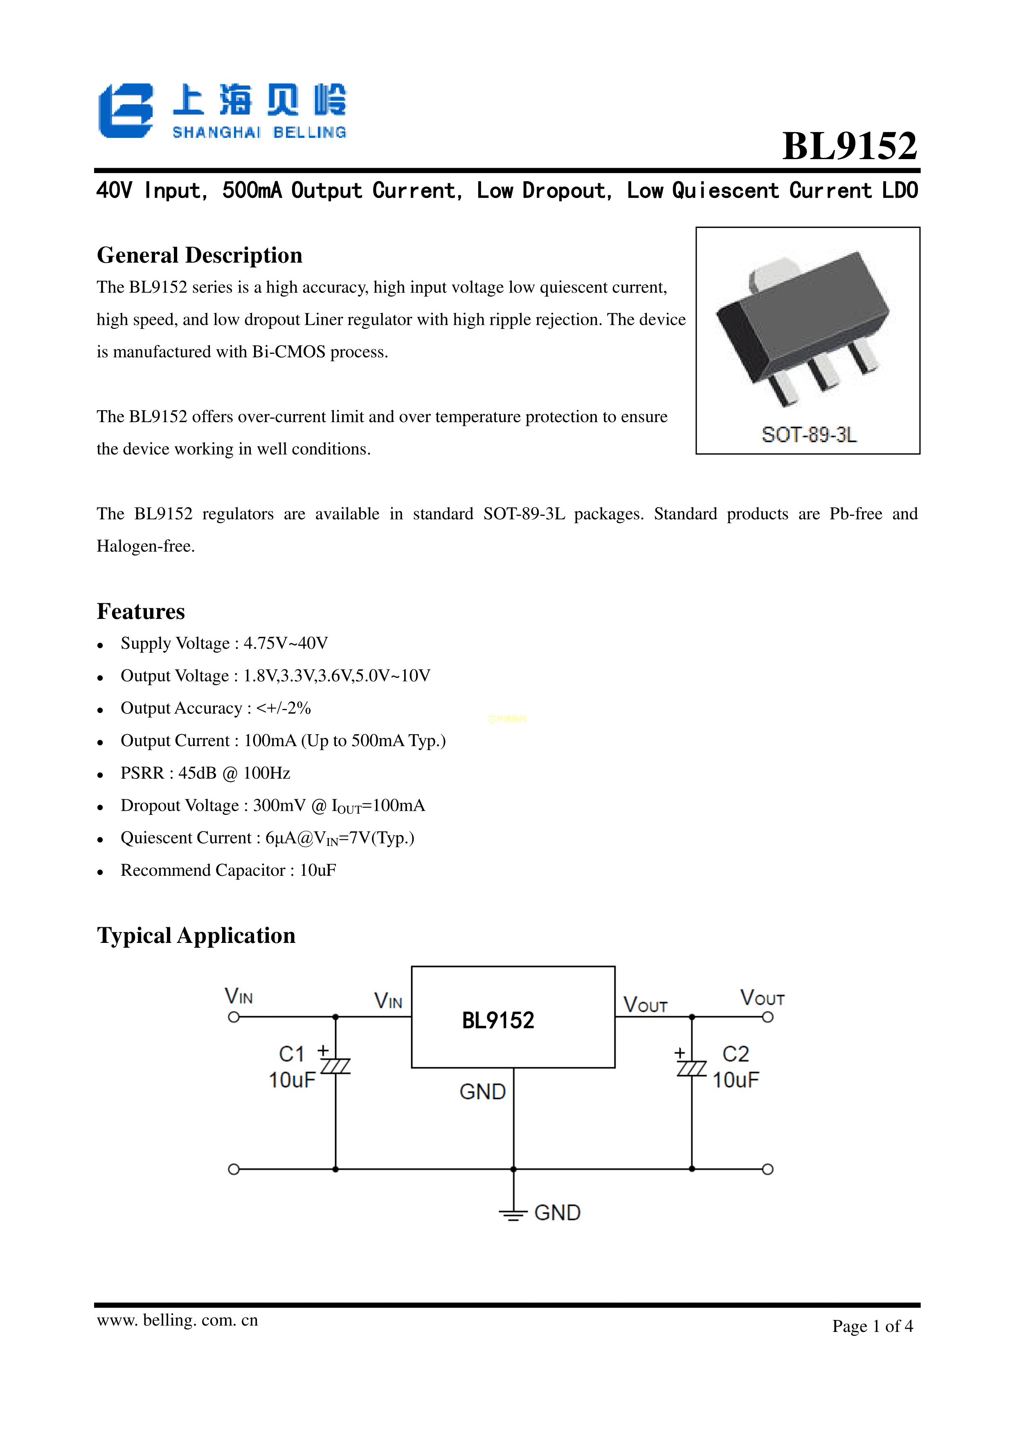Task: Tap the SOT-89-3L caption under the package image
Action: point(809,434)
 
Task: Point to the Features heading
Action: point(141,611)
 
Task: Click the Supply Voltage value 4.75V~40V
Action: point(286,643)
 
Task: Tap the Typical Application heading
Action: point(196,936)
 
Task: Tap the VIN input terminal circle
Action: point(234,1017)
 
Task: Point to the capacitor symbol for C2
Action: point(691,1068)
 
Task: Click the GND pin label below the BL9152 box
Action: point(482,1092)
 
